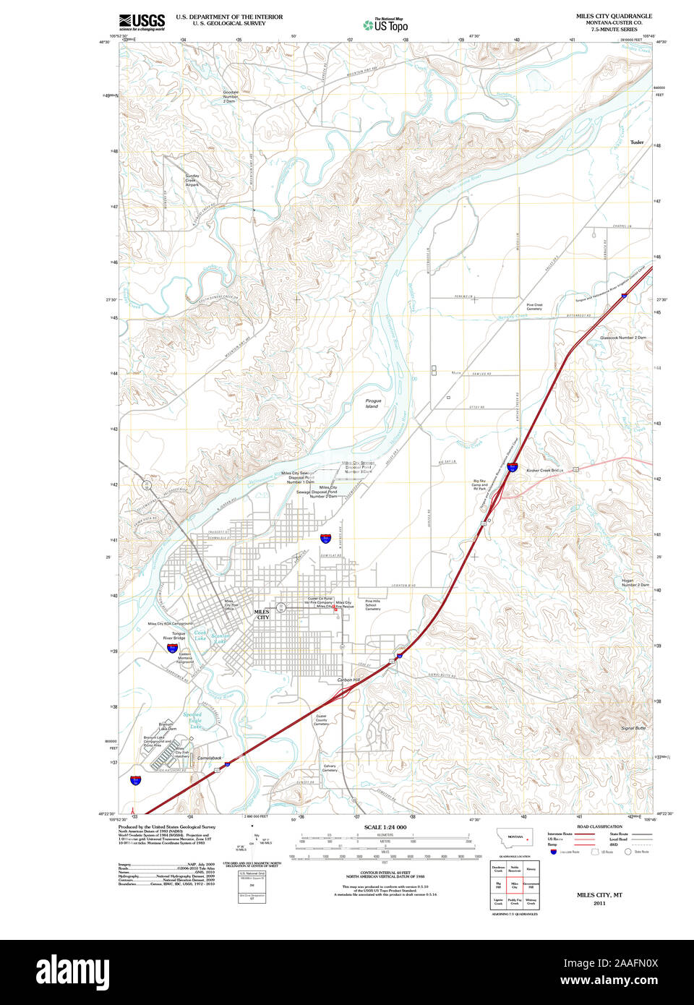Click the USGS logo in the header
[x=142, y=22]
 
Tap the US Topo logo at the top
[x=385, y=25]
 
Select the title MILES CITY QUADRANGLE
[x=614, y=16]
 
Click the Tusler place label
[x=636, y=142]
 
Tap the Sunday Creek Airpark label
[x=192, y=180]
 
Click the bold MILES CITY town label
[x=262, y=615]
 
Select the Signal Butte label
[x=633, y=728]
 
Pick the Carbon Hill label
[x=348, y=680]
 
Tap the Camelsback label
[x=210, y=758]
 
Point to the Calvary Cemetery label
[x=330, y=768]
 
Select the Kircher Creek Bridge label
[x=544, y=471]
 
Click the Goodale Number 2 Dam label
[x=230, y=97]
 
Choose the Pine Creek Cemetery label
[x=534, y=307]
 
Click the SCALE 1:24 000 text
[x=385, y=827]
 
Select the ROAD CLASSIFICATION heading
[x=599, y=826]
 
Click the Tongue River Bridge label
[x=173, y=636]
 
